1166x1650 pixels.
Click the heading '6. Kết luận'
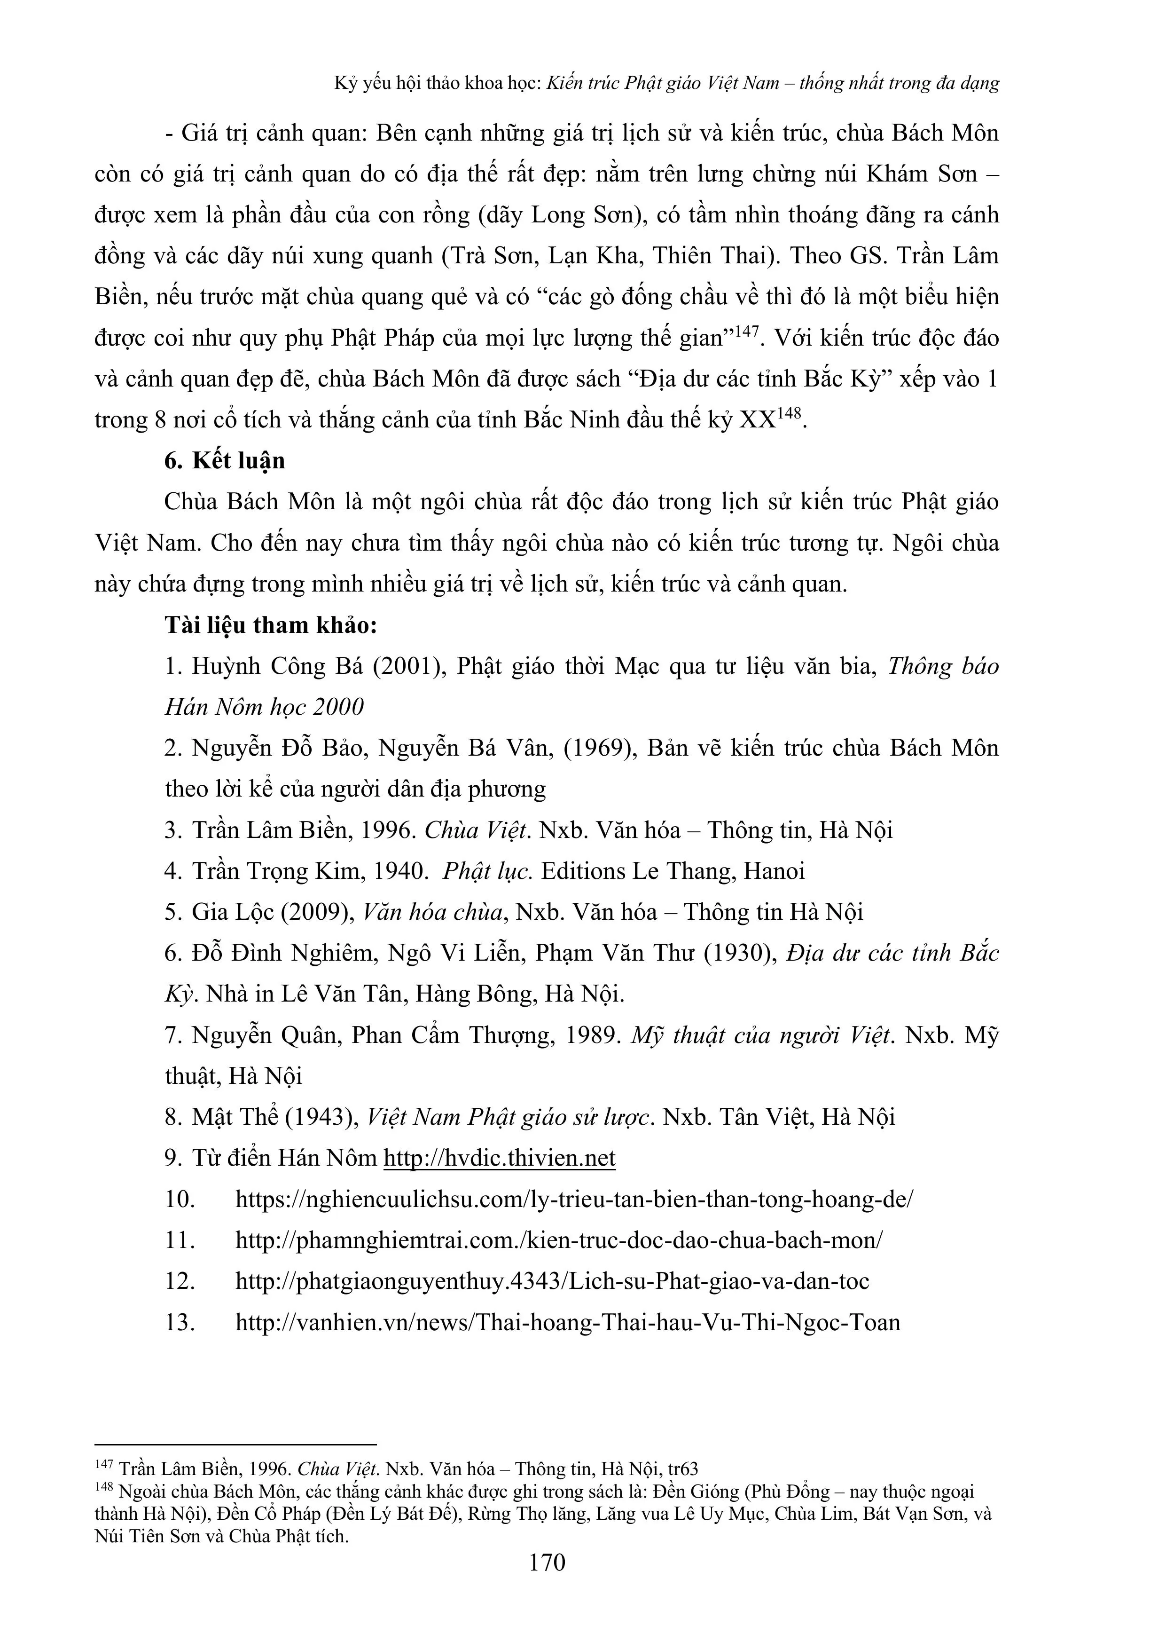(x=224, y=461)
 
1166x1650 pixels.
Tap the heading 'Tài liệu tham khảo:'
(x=271, y=625)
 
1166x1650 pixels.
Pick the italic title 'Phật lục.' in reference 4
(x=487, y=871)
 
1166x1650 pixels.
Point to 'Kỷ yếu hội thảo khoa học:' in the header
(x=438, y=83)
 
